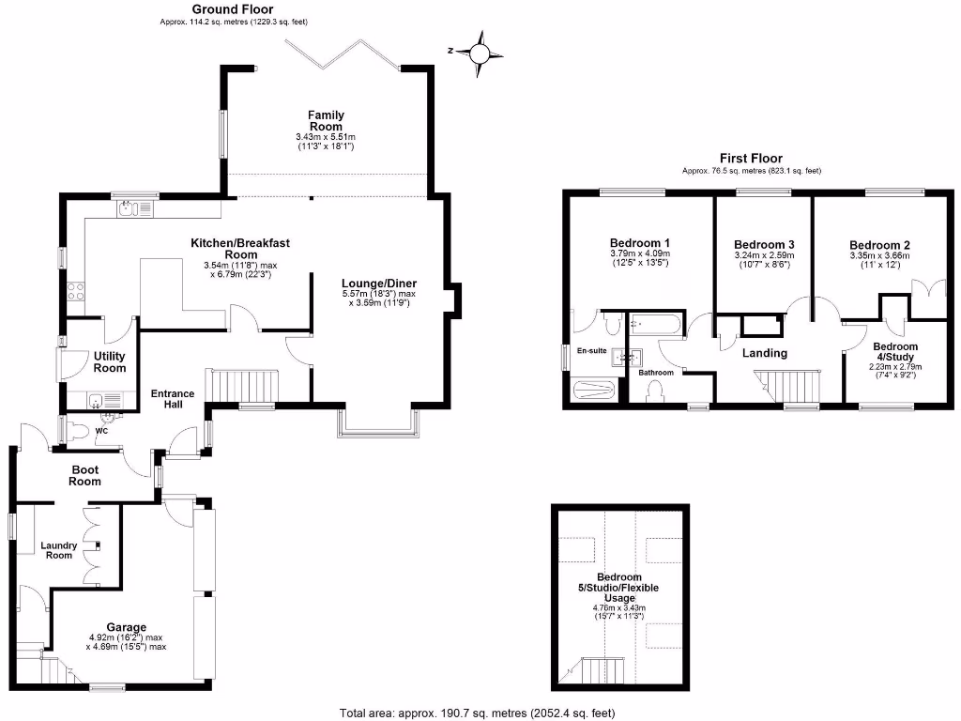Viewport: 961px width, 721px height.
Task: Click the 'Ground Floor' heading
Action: coord(233,8)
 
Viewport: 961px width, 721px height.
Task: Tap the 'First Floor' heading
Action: coord(751,159)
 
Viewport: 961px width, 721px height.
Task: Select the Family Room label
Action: coord(326,121)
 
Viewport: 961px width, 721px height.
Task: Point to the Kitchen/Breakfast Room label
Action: coord(240,249)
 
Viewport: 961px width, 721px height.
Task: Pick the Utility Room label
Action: coord(110,362)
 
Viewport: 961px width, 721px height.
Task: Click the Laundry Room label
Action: coord(58,549)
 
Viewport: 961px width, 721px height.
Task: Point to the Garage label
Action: coord(126,627)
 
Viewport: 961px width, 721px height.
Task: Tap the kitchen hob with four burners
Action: coord(74,291)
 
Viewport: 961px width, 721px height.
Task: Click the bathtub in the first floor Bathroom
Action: coord(657,324)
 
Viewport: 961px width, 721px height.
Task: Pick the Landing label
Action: coord(764,353)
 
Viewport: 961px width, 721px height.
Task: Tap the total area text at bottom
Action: coord(479,713)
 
